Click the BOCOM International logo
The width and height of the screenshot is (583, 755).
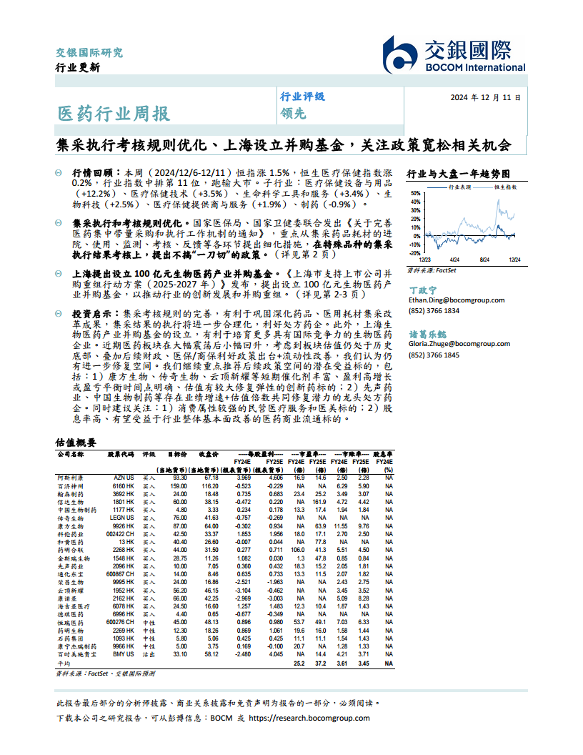(x=454, y=54)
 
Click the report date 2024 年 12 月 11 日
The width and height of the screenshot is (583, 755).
(x=486, y=98)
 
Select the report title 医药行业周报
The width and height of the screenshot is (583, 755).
(x=114, y=114)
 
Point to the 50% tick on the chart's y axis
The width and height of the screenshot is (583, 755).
(x=415, y=193)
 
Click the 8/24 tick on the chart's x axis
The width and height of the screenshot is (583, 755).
(x=484, y=260)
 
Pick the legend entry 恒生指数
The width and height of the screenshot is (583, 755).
(x=506, y=186)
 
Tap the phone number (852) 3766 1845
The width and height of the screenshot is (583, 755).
(x=434, y=355)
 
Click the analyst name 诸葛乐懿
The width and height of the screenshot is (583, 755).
(x=427, y=334)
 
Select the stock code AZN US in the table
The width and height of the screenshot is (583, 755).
(x=124, y=477)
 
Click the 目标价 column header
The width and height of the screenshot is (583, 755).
(x=177, y=454)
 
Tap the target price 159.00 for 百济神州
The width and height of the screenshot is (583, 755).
(x=178, y=485)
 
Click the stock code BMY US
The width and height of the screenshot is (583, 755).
(x=124, y=654)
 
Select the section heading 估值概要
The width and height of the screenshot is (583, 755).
(x=76, y=443)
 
